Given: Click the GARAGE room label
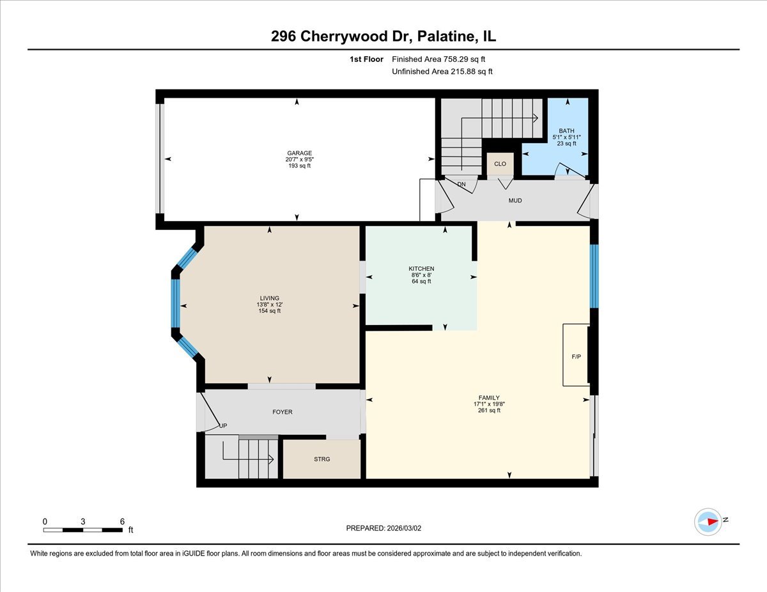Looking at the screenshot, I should pos(299,153).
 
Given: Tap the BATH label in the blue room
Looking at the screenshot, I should pos(566,131).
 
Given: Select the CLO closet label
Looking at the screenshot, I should pos(500,164).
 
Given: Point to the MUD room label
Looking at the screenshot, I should pos(515,201).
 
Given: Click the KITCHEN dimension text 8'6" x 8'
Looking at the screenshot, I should pos(421,275).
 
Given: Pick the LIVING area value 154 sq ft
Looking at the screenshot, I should pos(269,311).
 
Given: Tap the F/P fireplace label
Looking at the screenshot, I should pos(576,356).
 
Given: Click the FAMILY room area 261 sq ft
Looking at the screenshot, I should pos(490,411).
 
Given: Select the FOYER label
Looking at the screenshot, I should pos(283,412).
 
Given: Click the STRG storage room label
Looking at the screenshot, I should pos(322,459).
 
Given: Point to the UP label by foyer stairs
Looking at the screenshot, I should pos(223,426).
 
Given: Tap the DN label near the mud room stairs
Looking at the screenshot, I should pos(461,185).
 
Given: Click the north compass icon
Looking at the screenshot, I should pos(708,521).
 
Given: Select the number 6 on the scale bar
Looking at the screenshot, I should pos(122,521).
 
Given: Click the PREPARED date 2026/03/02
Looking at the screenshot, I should pos(407,528).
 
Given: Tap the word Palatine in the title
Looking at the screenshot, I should pos(443,36).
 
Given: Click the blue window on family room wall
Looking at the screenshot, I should pos(593,276).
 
